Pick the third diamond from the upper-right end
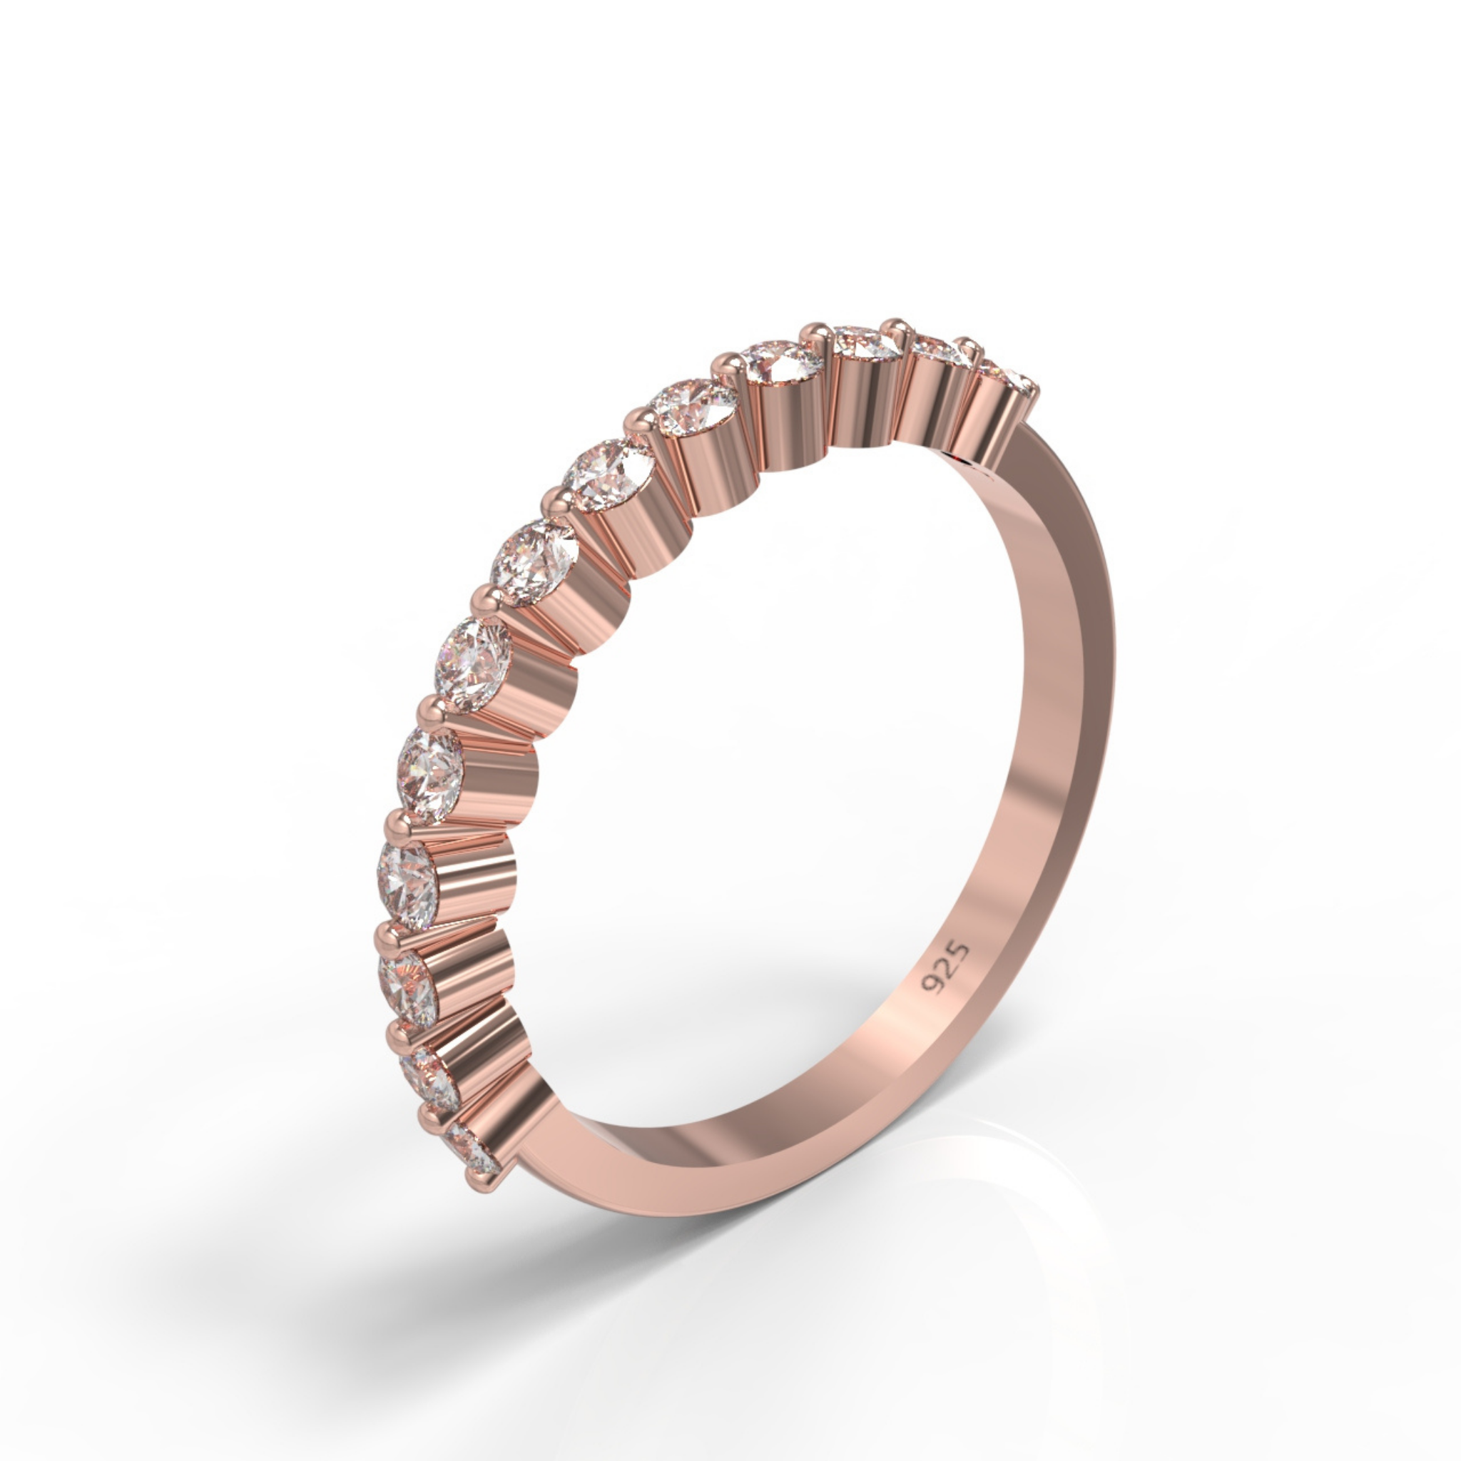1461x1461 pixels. (x=866, y=345)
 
